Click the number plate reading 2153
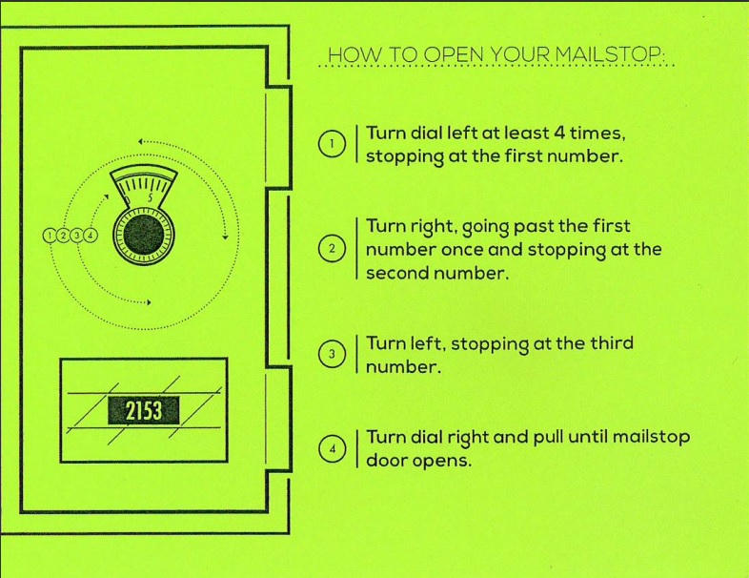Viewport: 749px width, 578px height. click(x=143, y=410)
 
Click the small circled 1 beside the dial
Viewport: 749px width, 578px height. click(x=50, y=234)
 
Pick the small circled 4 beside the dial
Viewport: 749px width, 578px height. click(x=90, y=234)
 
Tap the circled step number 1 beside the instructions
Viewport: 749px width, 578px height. click(x=330, y=144)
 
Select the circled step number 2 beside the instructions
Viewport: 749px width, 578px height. click(x=330, y=249)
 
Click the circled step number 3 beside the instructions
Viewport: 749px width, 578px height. click(x=330, y=355)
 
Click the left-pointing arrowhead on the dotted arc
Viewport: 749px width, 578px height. click(x=140, y=141)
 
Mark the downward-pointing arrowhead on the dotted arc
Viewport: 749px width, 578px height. click(x=225, y=238)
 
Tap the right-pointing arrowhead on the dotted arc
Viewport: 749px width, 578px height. click(x=148, y=303)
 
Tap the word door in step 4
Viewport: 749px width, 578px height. click(x=388, y=460)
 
